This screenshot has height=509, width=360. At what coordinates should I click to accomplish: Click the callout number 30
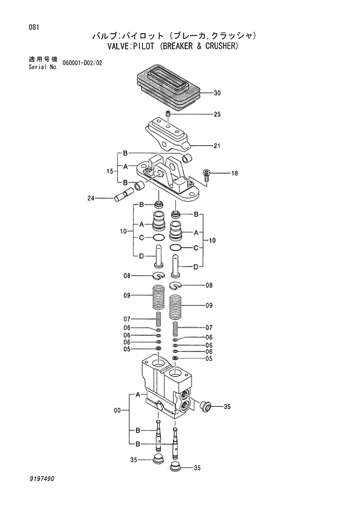(x=217, y=93)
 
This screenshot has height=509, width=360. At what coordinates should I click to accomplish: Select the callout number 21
(x=217, y=146)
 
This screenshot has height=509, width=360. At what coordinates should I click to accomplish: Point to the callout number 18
(x=234, y=173)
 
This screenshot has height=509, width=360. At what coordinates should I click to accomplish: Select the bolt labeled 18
(x=206, y=173)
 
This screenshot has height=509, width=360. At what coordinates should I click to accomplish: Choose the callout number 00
(x=117, y=410)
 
